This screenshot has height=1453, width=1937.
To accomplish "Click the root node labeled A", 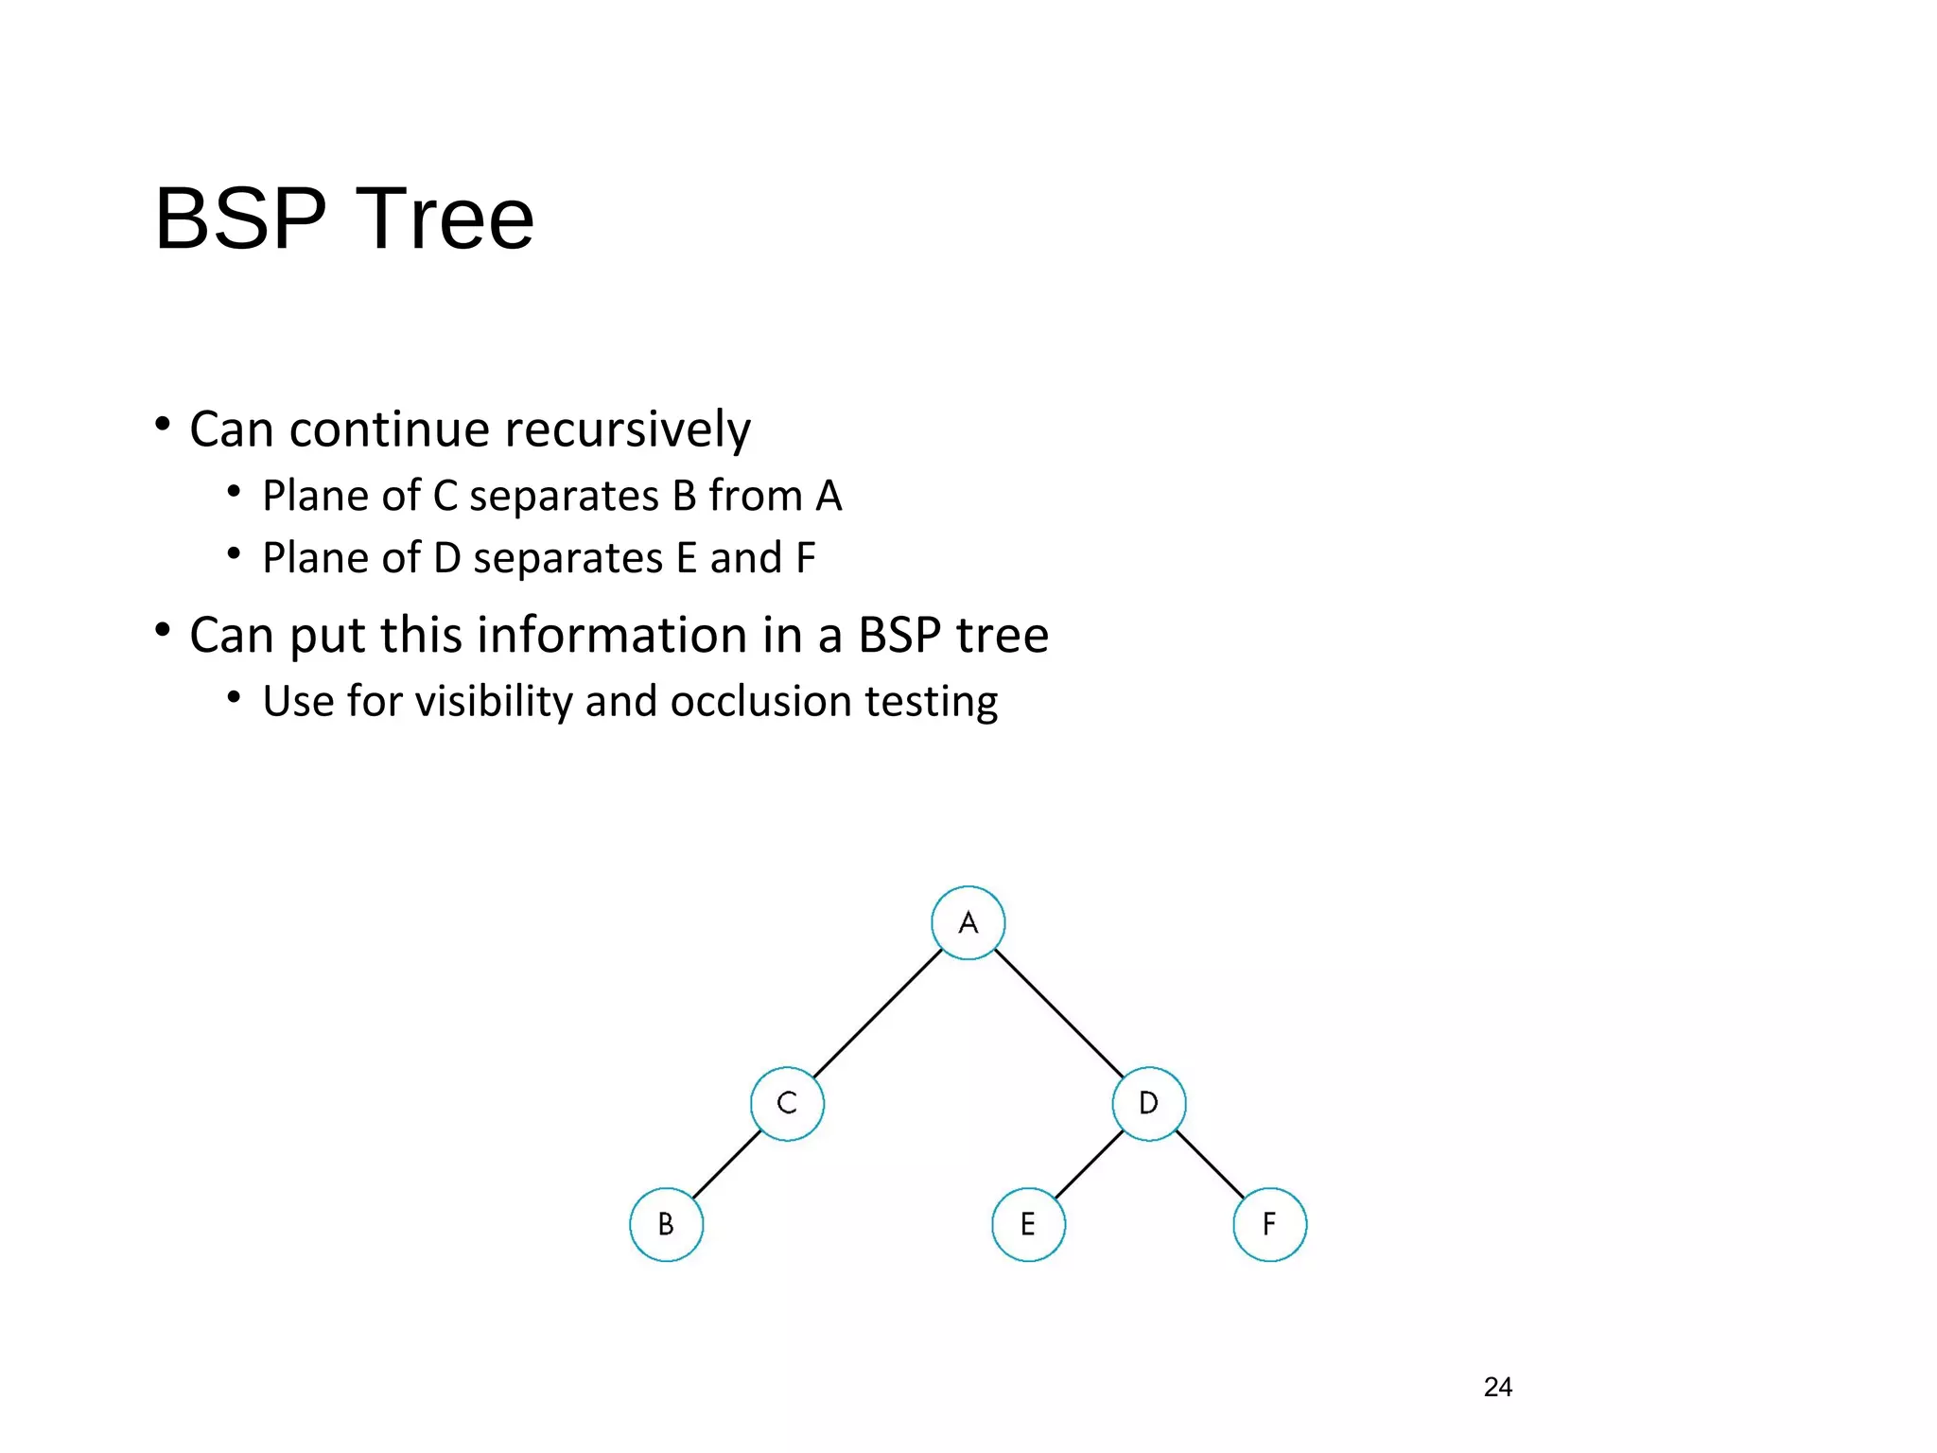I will tap(968, 923).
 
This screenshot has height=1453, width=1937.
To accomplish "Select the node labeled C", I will tap(787, 1104).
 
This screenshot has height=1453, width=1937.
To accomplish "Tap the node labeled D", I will tap(1148, 1104).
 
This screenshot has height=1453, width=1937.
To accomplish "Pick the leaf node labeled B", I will tap(666, 1225).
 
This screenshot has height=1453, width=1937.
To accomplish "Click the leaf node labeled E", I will tap(1028, 1225).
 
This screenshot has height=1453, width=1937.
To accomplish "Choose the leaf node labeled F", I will tap(1269, 1225).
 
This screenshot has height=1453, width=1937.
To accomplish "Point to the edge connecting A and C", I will tap(878, 1013).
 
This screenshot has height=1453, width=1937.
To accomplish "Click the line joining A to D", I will tap(1058, 1013).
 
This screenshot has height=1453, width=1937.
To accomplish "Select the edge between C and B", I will tap(726, 1164).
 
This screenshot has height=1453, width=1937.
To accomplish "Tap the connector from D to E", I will tap(1089, 1164).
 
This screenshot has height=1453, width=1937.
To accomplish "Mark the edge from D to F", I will tap(1210, 1164).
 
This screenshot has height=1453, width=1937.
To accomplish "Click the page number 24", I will tap(1497, 1387).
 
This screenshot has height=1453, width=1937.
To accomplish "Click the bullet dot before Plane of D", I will tap(234, 554).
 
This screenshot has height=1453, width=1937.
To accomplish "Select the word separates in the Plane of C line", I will tap(564, 497).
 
